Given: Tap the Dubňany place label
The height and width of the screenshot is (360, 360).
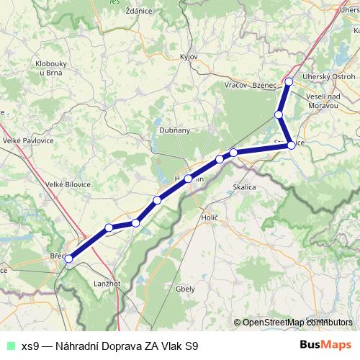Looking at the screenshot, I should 174,130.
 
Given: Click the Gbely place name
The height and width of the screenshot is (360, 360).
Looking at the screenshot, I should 185,289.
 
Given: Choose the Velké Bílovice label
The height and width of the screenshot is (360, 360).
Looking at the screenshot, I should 68,184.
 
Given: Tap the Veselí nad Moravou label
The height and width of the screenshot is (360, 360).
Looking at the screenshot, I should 321,101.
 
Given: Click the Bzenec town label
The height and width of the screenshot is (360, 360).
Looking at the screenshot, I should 265,85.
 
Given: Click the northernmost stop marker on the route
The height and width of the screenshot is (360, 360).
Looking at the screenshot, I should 289,81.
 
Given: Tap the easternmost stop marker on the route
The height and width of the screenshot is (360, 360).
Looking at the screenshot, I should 291,145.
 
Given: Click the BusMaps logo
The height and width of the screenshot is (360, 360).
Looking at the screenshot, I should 325,345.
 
